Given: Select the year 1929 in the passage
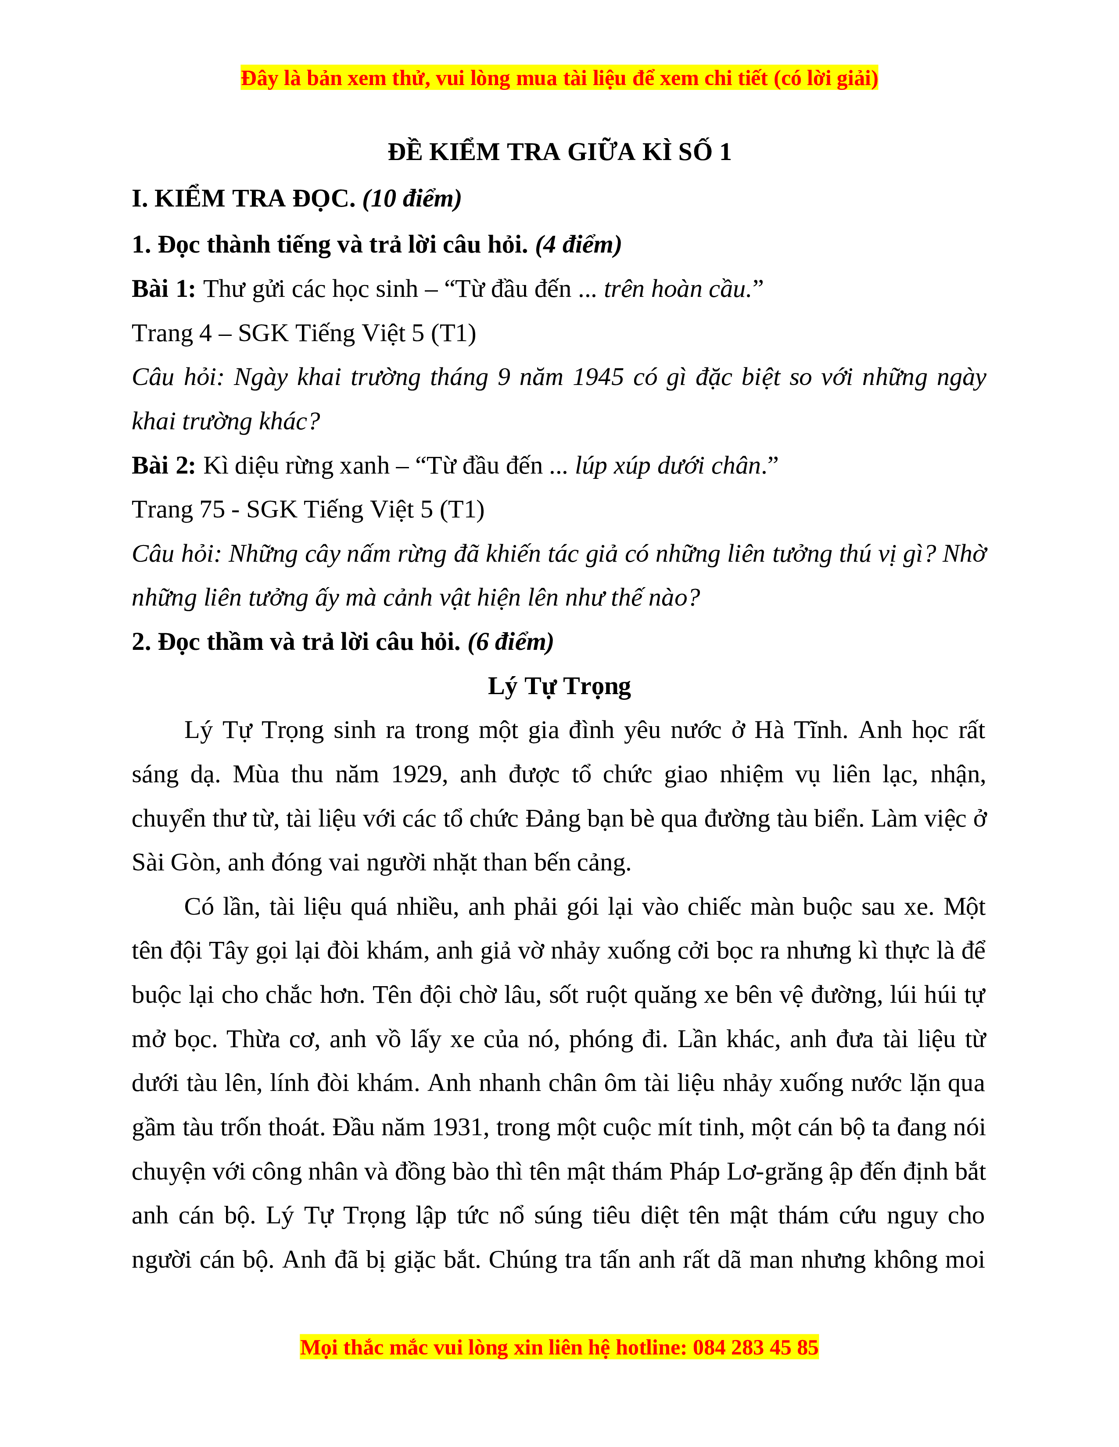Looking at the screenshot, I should click(x=418, y=774).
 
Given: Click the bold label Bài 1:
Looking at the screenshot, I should click(x=164, y=289).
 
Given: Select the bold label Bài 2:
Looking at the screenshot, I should click(x=164, y=465).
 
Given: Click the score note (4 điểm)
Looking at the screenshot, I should click(x=578, y=245).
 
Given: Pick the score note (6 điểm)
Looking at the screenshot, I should click(x=510, y=642).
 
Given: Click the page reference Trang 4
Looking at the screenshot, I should click(x=172, y=333).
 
